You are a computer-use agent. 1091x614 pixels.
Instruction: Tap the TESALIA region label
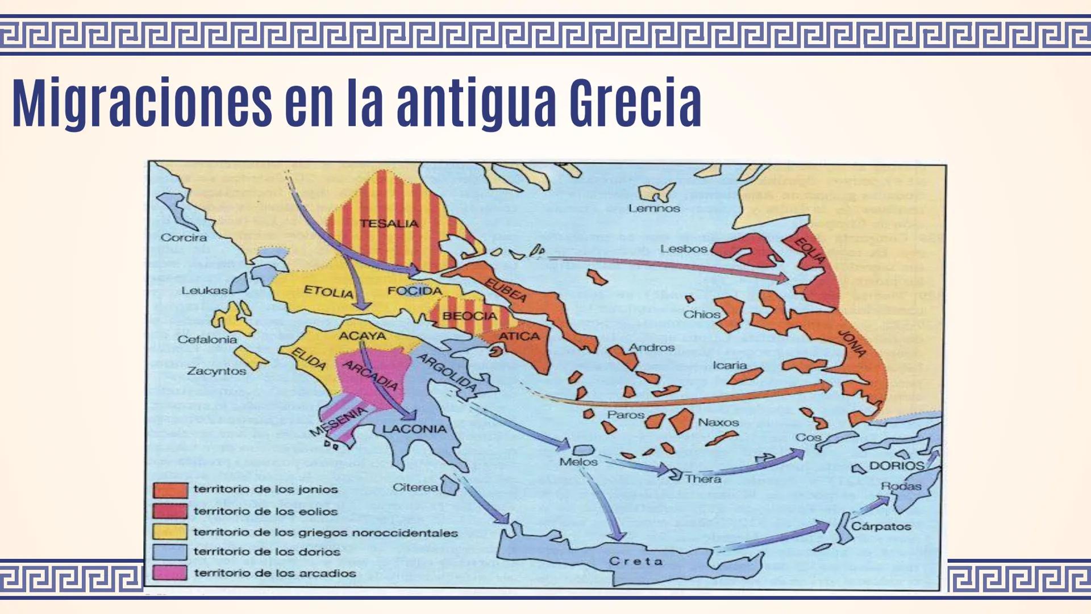coord(389,223)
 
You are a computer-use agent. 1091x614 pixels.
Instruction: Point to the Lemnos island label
coord(654,209)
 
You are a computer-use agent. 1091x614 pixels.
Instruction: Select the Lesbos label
coord(683,249)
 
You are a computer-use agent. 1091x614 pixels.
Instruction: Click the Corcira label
coord(184,238)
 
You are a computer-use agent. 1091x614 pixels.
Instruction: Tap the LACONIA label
coord(414,429)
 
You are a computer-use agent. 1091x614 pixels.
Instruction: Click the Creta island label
coord(636,561)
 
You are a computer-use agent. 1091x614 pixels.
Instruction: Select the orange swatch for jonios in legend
coord(170,489)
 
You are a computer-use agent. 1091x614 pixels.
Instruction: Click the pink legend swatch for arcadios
coord(170,572)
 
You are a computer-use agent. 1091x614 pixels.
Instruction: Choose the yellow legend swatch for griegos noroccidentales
coord(170,532)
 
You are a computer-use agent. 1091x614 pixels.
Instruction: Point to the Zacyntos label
coord(216,371)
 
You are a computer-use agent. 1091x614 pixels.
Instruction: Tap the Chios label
coord(702,314)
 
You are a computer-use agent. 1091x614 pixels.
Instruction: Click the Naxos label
coord(718,422)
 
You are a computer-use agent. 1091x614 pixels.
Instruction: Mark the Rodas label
coord(901,486)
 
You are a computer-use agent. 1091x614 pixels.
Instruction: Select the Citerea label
coord(415,488)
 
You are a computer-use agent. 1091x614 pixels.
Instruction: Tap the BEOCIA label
coord(469,316)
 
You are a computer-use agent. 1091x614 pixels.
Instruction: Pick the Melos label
coord(578,462)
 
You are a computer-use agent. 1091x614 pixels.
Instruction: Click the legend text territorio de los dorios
coord(266,552)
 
